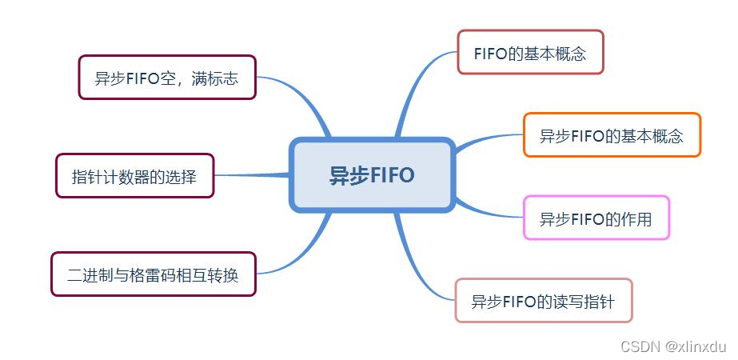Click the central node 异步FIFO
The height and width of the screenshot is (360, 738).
click(372, 175)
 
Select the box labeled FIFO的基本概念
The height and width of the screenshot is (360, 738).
click(530, 53)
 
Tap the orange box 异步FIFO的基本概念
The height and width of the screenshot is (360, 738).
click(612, 135)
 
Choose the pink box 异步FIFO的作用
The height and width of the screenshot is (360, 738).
click(596, 218)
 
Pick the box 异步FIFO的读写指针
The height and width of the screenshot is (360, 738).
click(543, 301)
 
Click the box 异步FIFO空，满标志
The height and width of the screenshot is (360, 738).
click(166, 78)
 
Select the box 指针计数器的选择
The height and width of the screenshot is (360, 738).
click(134, 176)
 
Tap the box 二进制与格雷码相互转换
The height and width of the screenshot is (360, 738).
click(153, 274)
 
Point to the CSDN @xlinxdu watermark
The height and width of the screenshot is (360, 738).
click(672, 346)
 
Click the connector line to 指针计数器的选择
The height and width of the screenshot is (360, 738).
click(252, 174)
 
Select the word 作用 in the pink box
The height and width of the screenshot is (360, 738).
click(636, 219)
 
